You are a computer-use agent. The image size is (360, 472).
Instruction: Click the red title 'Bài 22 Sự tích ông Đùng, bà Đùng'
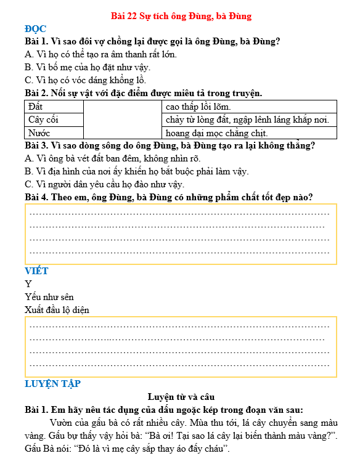(x=181, y=16)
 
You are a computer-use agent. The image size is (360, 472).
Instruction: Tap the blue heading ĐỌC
(x=35, y=29)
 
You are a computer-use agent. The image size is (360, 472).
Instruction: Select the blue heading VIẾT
(x=36, y=271)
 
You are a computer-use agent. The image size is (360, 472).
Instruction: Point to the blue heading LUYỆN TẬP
(x=52, y=384)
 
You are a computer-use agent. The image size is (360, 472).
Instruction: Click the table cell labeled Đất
(x=54, y=107)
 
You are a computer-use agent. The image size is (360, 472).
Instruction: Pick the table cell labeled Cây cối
(x=54, y=120)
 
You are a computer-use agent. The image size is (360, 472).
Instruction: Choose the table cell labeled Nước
(x=54, y=132)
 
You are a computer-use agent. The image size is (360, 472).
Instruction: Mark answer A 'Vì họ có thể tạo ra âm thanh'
(x=101, y=54)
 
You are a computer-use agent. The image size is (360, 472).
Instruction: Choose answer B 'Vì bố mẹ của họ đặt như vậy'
(x=88, y=67)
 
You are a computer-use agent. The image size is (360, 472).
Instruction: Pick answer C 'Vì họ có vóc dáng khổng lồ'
(x=86, y=80)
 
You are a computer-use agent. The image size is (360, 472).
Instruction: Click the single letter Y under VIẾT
(x=28, y=284)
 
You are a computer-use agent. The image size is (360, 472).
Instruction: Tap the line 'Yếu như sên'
(x=49, y=297)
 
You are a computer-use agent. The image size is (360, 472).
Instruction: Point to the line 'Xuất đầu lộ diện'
(x=57, y=310)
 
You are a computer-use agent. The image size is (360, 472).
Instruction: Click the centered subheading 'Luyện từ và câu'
(x=181, y=397)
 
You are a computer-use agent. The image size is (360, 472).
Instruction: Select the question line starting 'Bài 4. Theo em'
(x=168, y=197)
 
